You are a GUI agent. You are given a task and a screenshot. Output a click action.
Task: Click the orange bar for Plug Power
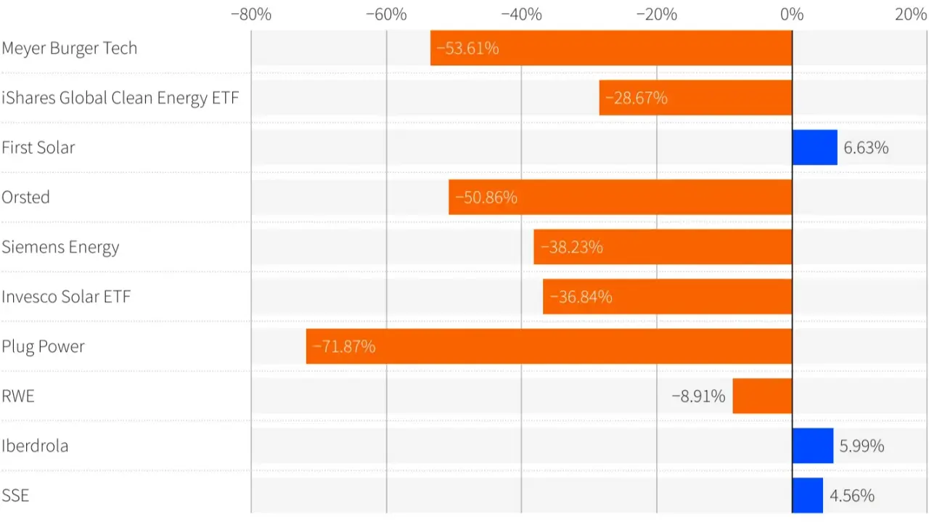(x=549, y=346)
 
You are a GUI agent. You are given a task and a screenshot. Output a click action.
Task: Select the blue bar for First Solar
(x=814, y=147)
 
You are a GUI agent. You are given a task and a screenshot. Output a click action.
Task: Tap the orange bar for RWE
(x=762, y=396)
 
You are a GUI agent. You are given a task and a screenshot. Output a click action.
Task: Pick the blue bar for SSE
(x=807, y=495)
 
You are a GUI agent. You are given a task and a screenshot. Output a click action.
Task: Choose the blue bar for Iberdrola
(x=812, y=446)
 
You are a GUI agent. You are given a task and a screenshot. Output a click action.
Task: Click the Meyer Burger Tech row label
(x=70, y=49)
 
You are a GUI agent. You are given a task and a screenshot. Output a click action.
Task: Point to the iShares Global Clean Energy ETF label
(x=120, y=98)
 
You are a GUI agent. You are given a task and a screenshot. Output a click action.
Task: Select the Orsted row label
(x=26, y=197)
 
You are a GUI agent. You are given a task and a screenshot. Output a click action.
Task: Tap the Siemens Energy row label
(x=60, y=247)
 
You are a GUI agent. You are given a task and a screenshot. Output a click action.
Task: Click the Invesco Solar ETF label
(x=66, y=297)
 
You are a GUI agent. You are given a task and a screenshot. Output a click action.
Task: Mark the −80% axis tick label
(x=251, y=15)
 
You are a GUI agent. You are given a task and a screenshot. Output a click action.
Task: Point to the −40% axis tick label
(x=521, y=15)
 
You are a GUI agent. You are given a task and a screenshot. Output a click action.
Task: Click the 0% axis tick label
(x=792, y=15)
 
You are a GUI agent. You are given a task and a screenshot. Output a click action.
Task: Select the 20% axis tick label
(x=910, y=15)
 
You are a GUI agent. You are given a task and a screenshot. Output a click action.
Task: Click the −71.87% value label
(x=344, y=346)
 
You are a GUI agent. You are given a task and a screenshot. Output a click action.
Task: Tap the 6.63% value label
(x=866, y=148)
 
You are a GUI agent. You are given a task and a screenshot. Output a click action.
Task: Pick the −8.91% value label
(x=698, y=396)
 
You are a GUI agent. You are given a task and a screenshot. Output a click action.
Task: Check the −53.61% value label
(x=467, y=49)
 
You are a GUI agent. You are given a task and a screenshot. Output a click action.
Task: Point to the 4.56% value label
(x=852, y=496)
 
